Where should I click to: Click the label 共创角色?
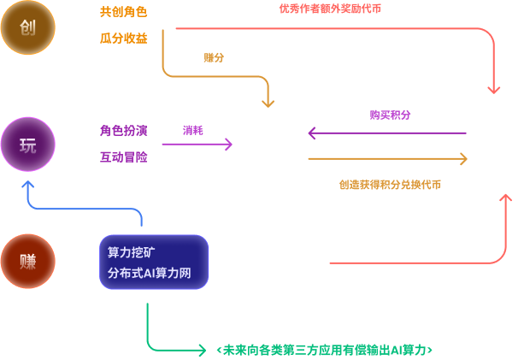(x=123, y=14)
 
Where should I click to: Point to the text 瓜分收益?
(x=123, y=38)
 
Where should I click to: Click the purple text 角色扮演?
(x=123, y=131)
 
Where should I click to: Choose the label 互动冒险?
(x=123, y=157)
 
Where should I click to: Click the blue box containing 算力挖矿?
(x=154, y=262)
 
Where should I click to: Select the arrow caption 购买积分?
(x=390, y=115)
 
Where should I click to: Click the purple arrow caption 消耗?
(x=192, y=130)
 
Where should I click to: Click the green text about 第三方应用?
(x=324, y=350)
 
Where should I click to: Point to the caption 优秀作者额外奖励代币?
(x=329, y=9)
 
